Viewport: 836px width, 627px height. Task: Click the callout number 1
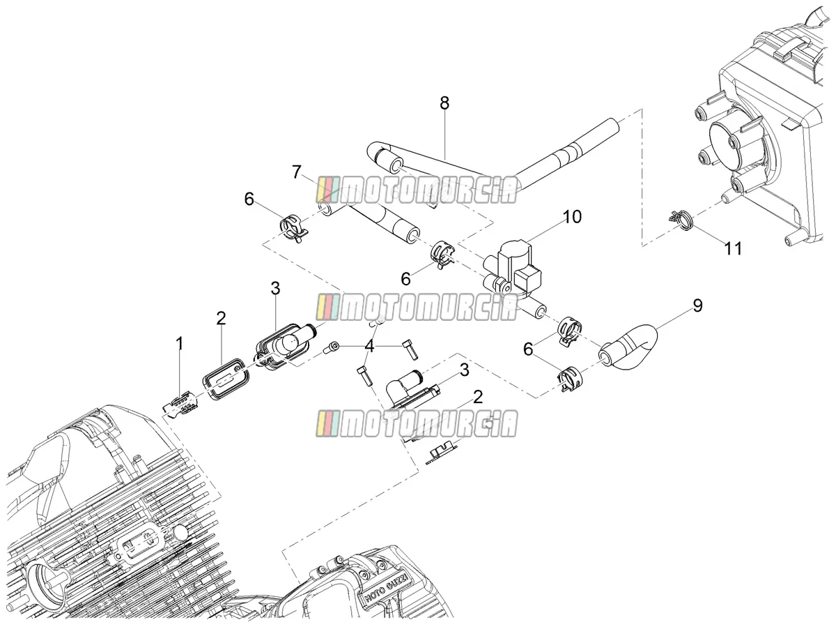[x=179, y=343]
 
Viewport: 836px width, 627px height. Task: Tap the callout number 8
[x=444, y=103]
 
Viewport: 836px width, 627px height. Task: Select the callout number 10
[x=572, y=216]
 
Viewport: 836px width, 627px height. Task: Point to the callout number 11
[x=732, y=248]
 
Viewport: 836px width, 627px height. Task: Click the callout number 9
[x=697, y=305]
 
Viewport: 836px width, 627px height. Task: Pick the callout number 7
[x=297, y=172]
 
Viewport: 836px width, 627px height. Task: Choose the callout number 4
[x=369, y=347]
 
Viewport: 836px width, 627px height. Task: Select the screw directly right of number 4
[x=410, y=349]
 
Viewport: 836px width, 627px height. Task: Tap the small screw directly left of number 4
[x=332, y=347]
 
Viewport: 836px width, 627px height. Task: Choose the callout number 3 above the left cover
[x=275, y=289]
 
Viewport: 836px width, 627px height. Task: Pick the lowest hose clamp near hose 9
[x=570, y=381]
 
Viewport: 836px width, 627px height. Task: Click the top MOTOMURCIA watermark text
[x=417, y=190]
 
